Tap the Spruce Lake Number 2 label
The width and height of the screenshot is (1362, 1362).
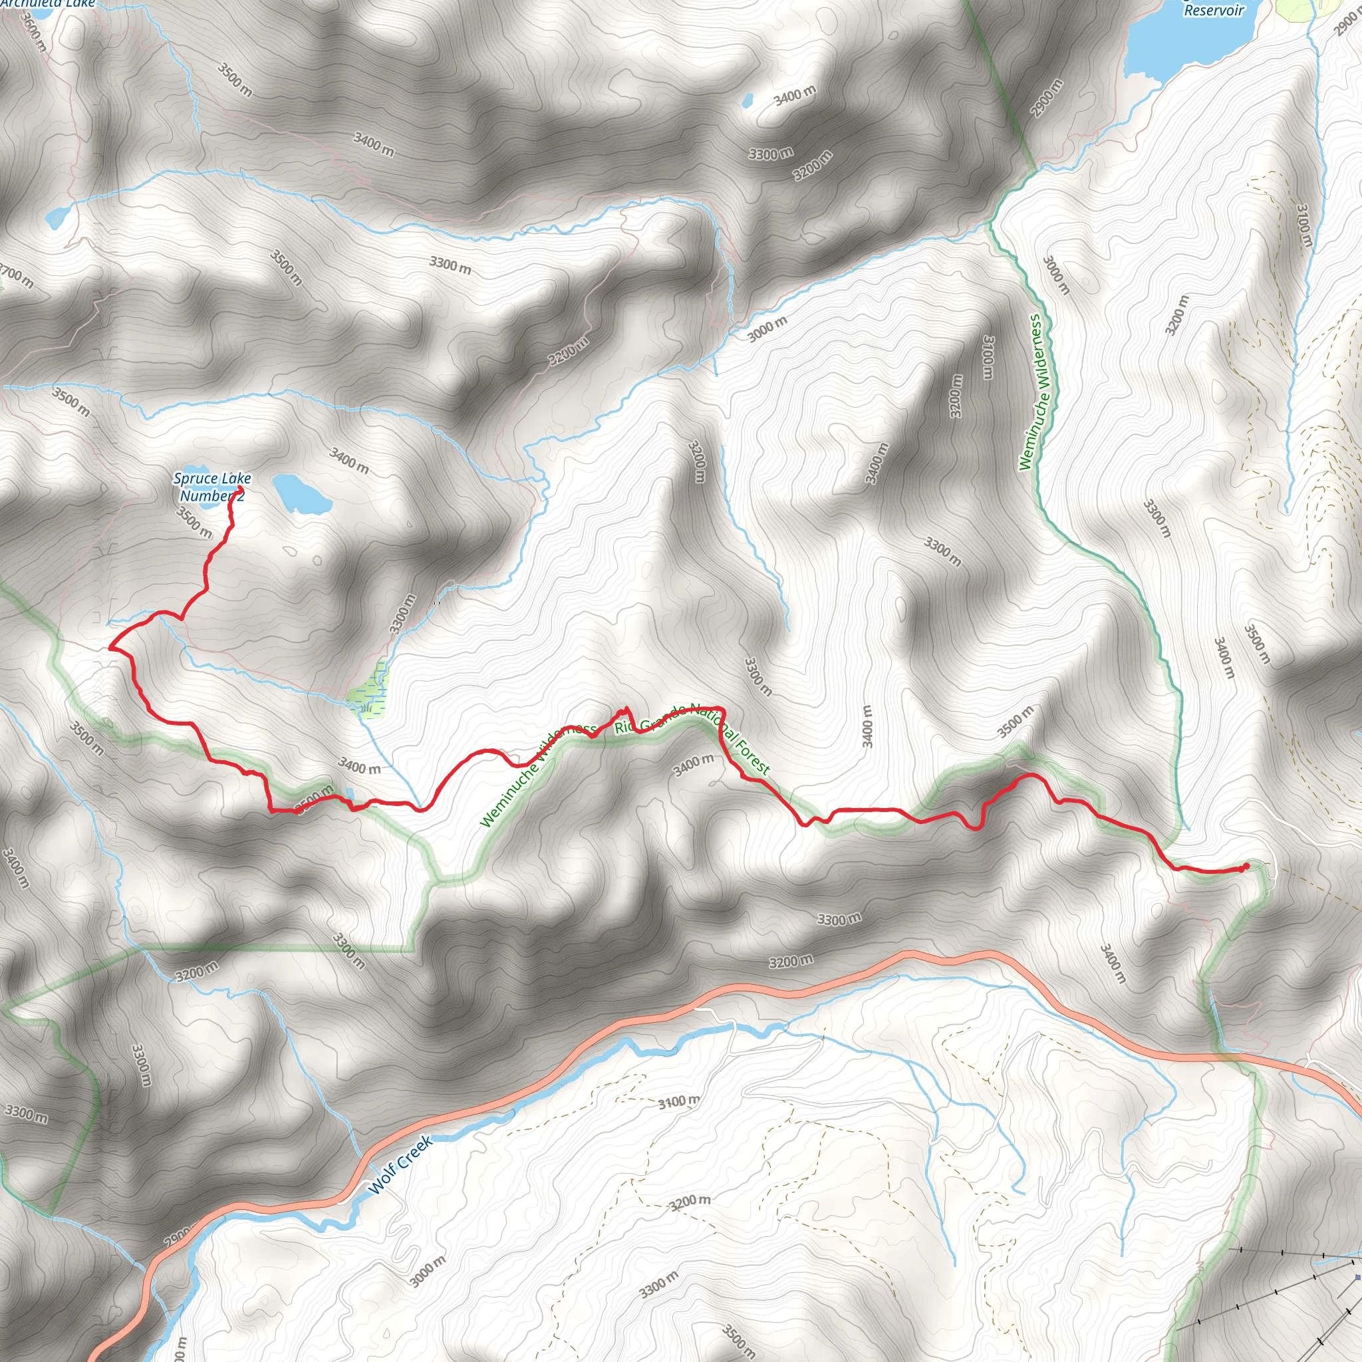[211, 487]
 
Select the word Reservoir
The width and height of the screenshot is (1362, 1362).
[1214, 11]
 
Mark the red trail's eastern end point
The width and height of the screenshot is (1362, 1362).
[1246, 867]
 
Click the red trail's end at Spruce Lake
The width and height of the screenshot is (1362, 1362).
[240, 489]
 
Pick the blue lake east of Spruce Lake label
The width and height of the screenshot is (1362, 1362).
[301, 493]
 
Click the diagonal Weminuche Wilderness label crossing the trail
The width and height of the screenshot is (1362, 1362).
[537, 774]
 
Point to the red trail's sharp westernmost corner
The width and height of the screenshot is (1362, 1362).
[110, 647]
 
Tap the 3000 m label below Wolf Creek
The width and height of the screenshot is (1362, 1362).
[427, 1271]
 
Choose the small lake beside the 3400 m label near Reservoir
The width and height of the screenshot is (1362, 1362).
[747, 101]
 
